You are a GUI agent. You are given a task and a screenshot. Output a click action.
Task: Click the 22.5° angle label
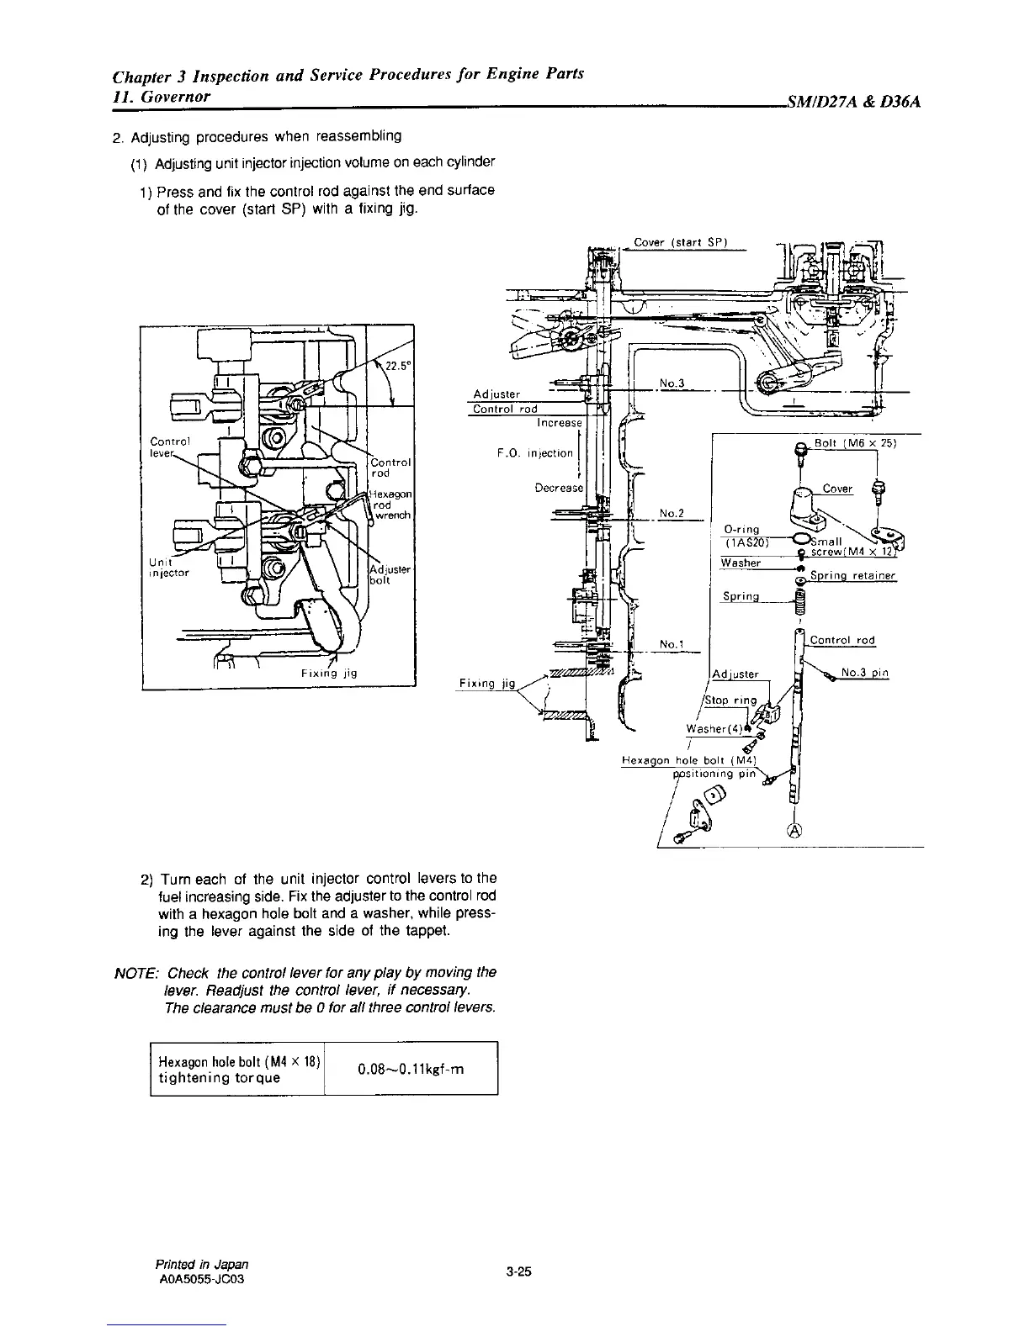tap(396, 365)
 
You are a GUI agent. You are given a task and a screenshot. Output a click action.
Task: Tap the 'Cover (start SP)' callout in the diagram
tap(679, 243)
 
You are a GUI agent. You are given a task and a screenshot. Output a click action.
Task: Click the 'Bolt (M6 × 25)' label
tap(854, 443)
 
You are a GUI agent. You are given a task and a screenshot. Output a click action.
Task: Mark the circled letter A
tap(794, 832)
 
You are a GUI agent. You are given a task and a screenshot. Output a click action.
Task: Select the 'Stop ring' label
tap(730, 700)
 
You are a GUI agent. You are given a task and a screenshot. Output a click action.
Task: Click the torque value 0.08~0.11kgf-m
tap(411, 1069)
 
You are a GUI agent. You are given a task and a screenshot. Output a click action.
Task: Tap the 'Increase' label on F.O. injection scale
tap(560, 422)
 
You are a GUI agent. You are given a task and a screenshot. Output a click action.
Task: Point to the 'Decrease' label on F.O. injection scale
tap(559, 488)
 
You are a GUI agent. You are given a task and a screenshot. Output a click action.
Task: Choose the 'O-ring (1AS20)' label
tap(743, 535)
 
